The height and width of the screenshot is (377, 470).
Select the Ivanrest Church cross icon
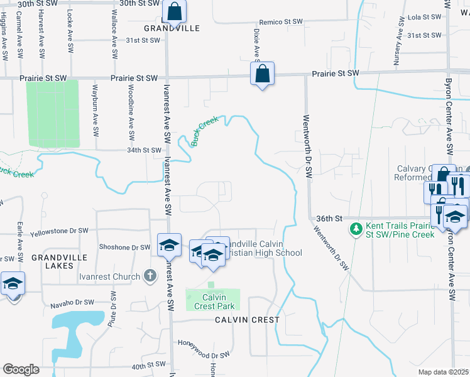tap(150, 275)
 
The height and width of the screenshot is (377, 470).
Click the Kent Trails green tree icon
tap(356, 227)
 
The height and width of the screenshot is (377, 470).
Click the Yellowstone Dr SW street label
tap(59, 231)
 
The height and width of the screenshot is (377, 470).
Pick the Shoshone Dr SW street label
tap(124, 248)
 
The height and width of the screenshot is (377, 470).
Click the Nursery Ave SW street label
tap(398, 42)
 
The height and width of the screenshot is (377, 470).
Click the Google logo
tap(21, 369)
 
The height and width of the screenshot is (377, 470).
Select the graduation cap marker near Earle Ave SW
tap(13, 284)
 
